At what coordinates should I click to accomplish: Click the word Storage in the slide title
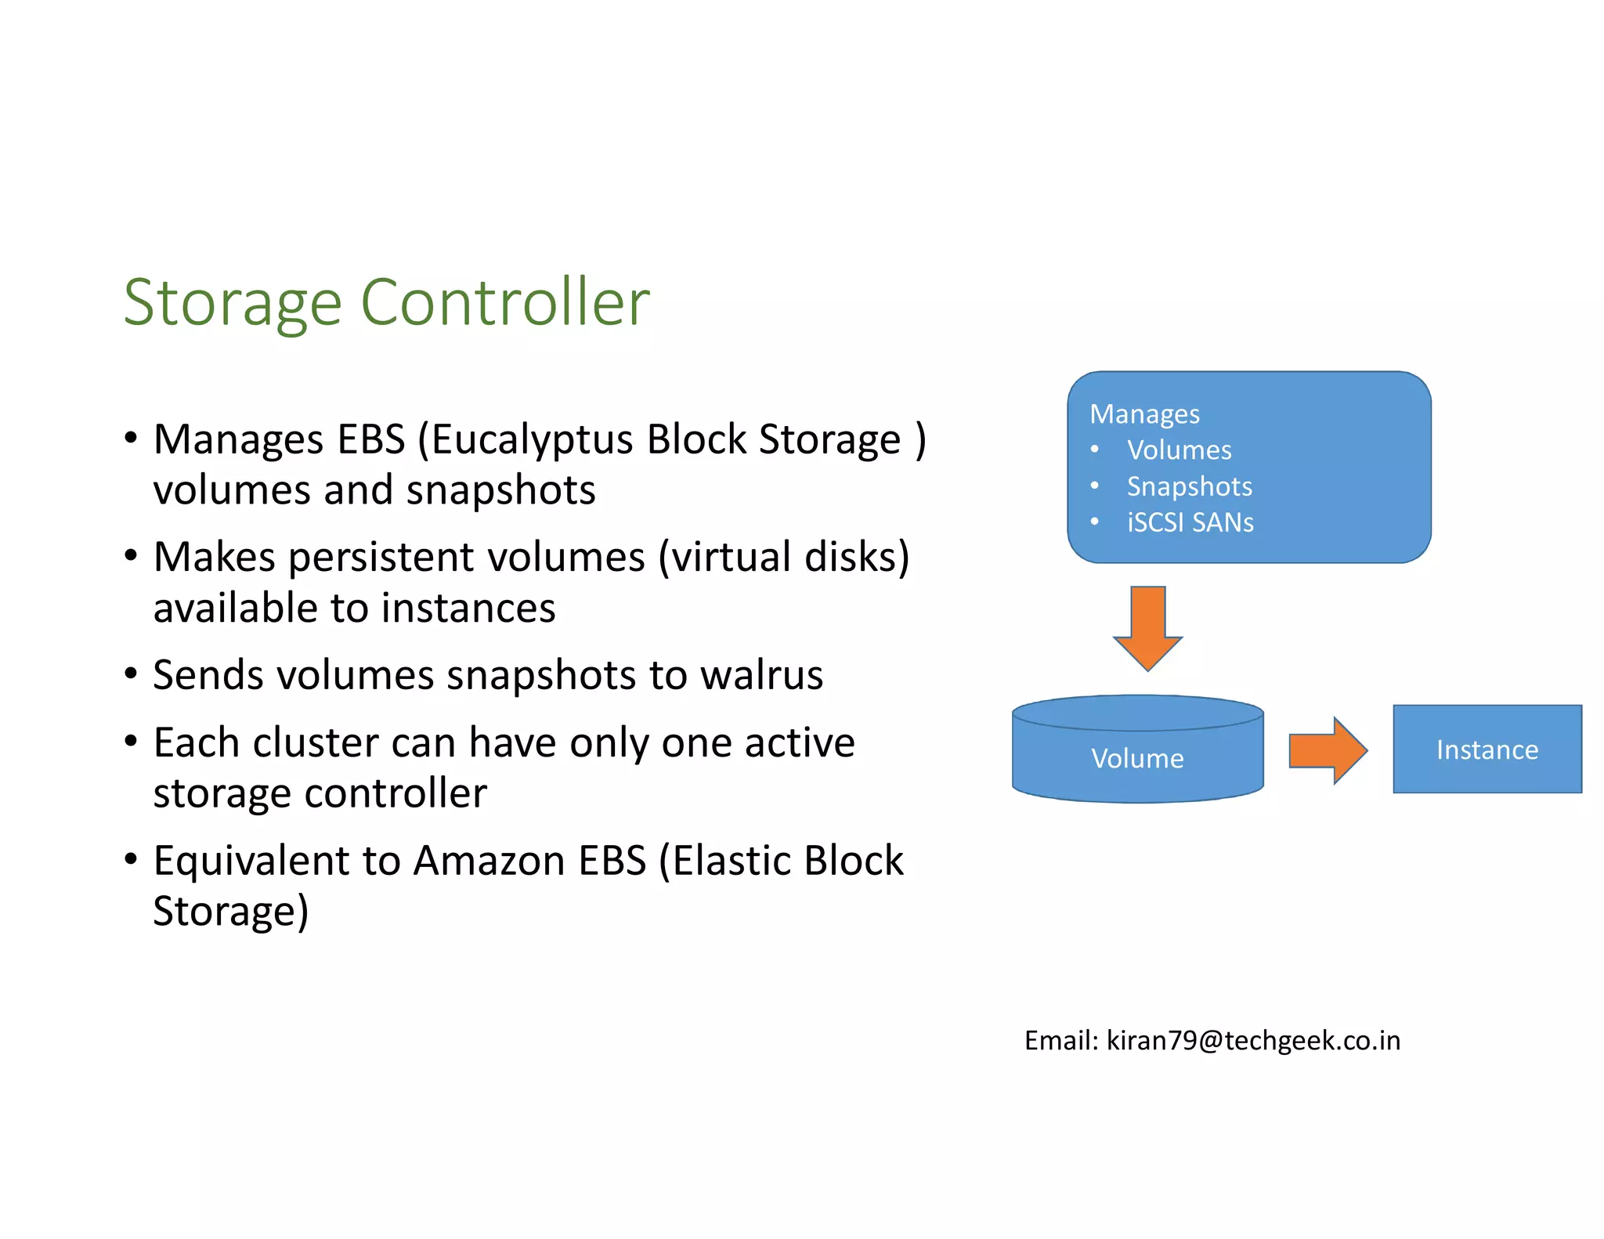click(x=233, y=303)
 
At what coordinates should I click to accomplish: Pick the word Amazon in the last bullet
click(x=490, y=861)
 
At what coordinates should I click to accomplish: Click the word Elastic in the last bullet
click(x=729, y=861)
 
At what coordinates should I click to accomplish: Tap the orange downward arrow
click(x=1147, y=627)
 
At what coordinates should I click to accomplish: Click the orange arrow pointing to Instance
click(x=1328, y=750)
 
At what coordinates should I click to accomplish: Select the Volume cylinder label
click(x=1137, y=758)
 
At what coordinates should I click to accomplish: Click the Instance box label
click(x=1487, y=750)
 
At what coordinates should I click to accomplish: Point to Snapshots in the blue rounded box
click(x=1189, y=486)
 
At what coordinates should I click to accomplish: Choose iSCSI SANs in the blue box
click(x=1190, y=522)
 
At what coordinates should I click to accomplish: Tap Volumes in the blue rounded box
click(x=1179, y=450)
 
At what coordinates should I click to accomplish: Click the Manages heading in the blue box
click(x=1144, y=414)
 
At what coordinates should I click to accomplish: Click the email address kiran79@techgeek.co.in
click(x=1252, y=1041)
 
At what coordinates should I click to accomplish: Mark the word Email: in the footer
click(x=1061, y=1041)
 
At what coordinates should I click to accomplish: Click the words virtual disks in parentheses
click(x=783, y=558)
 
